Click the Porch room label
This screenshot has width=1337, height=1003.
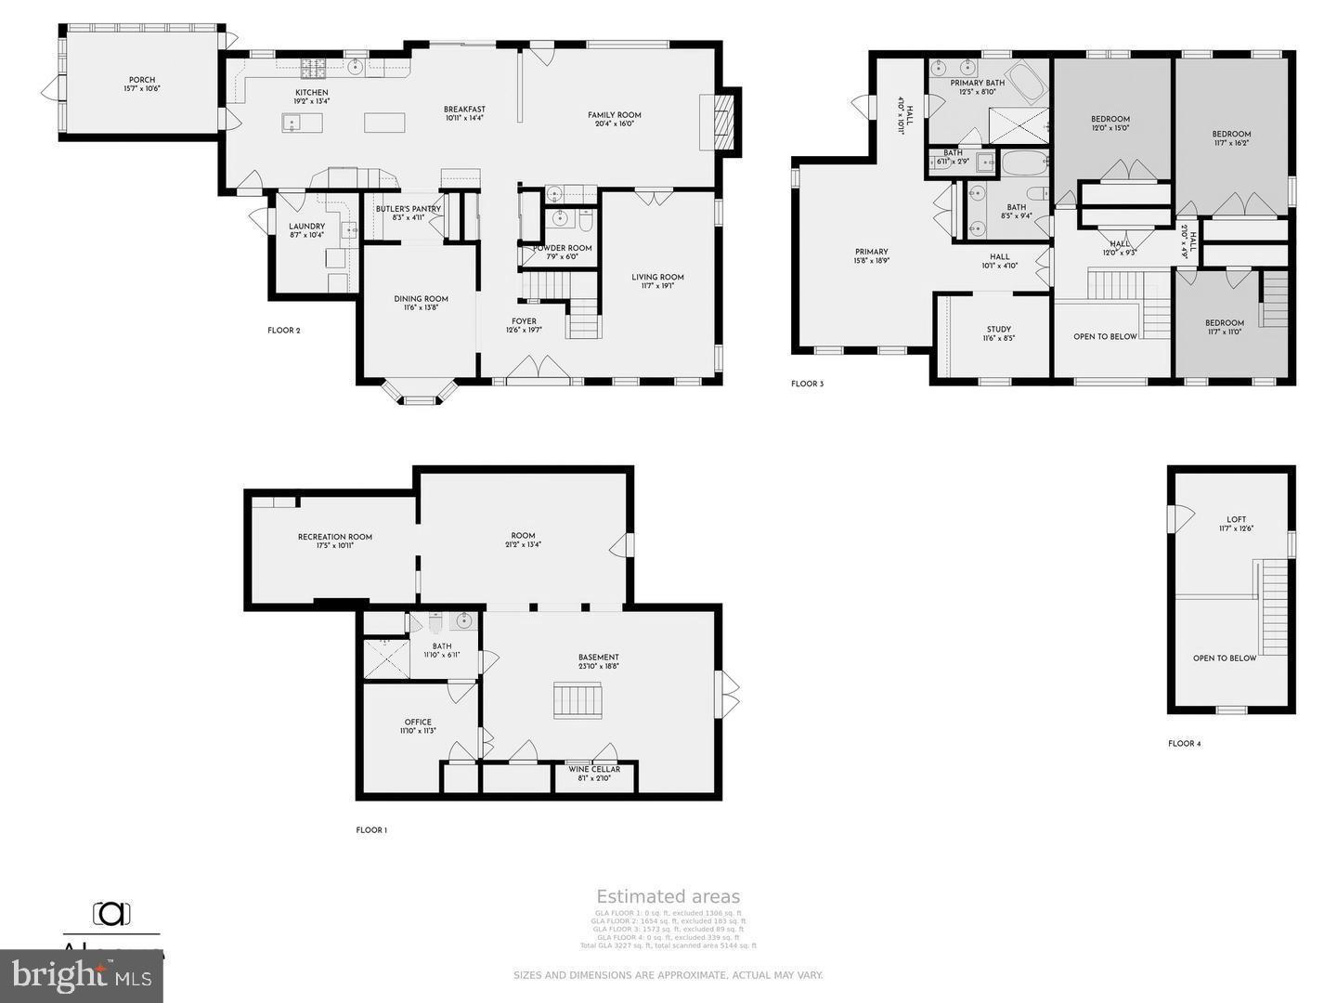(x=142, y=80)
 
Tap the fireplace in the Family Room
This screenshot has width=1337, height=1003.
(x=721, y=121)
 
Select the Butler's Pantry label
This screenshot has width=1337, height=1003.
(x=408, y=209)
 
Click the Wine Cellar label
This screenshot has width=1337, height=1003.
(x=594, y=769)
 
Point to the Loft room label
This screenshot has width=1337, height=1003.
(x=1236, y=519)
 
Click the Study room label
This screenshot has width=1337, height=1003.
(x=999, y=329)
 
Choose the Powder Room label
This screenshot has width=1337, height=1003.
(x=562, y=248)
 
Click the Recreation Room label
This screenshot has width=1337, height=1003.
(x=335, y=537)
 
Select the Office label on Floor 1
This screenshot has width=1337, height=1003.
(x=418, y=722)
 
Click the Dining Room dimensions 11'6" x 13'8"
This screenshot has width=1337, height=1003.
(x=421, y=307)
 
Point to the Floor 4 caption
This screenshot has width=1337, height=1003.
(x=1184, y=744)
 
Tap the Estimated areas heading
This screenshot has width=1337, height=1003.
(x=668, y=896)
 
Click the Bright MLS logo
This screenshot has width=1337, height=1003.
(x=82, y=975)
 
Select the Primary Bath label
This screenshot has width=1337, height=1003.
(x=977, y=83)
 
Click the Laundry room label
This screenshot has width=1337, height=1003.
(x=306, y=227)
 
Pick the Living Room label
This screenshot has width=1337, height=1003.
(x=657, y=277)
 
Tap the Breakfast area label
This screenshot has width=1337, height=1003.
(x=464, y=110)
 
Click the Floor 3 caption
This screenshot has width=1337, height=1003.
(x=807, y=384)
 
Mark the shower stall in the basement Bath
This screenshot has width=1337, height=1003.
(x=385, y=658)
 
